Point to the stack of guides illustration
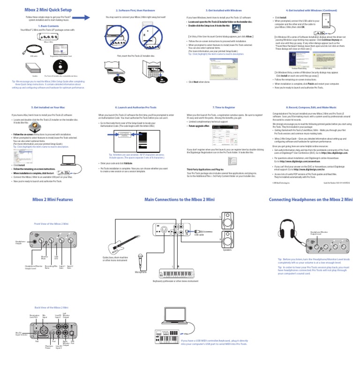[x=35, y=68]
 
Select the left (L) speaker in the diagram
[x=227, y=224]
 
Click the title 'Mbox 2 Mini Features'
[x=52, y=200]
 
